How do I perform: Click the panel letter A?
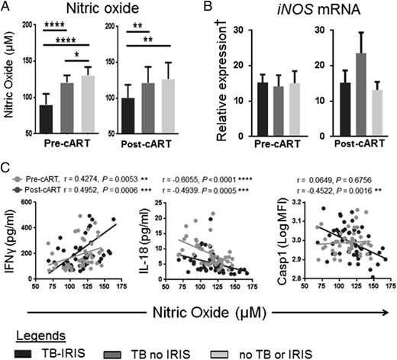[6, 8]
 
